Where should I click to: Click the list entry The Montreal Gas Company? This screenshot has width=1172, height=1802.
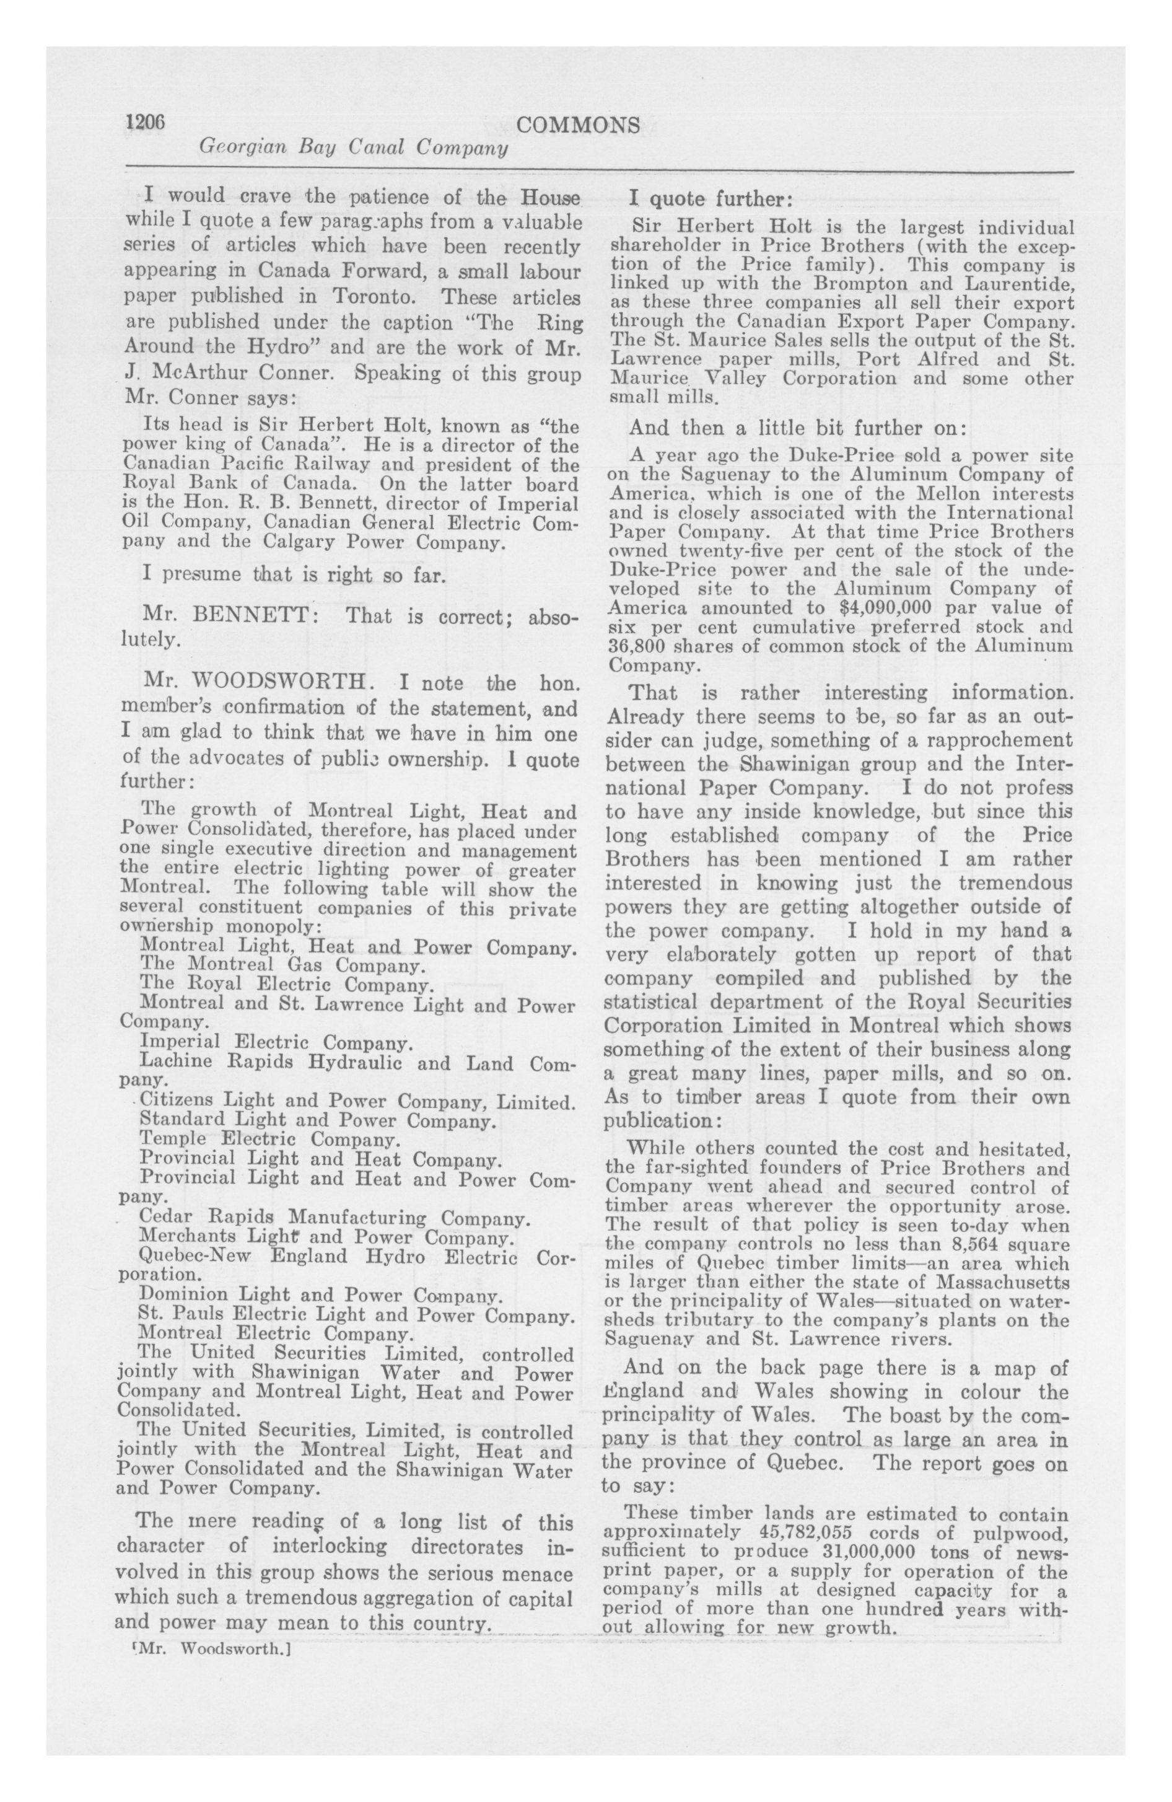[282, 965]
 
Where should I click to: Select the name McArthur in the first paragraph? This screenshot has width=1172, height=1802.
[199, 372]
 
